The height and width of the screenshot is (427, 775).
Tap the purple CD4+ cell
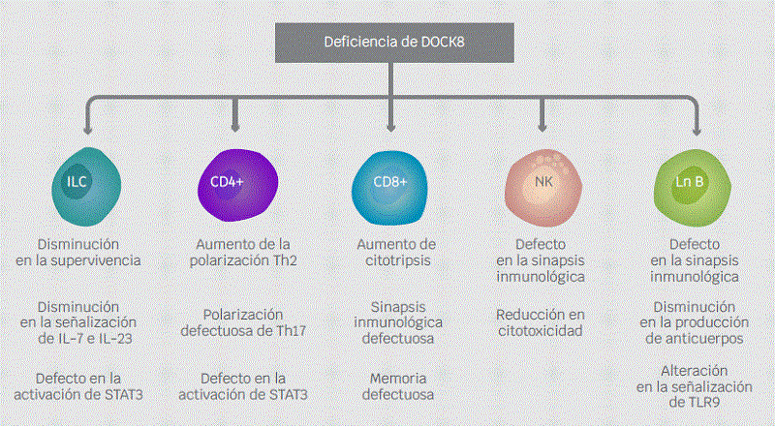click(236, 182)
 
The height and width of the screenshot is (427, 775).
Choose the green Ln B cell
click(697, 182)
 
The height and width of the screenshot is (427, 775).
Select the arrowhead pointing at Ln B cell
click(697, 130)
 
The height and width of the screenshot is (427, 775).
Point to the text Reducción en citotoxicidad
click(542, 322)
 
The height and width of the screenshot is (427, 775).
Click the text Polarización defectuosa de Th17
click(236, 322)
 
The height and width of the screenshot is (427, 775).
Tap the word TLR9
click(694, 402)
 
